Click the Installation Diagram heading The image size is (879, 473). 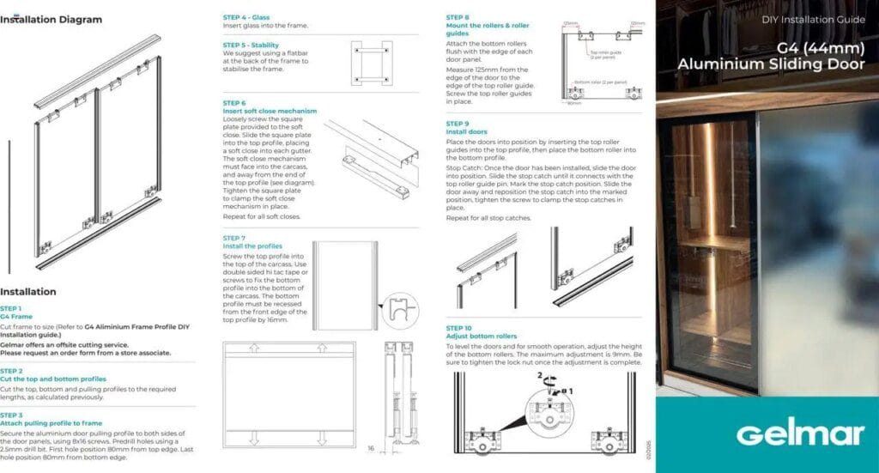(51, 20)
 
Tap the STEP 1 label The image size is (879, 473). (11, 308)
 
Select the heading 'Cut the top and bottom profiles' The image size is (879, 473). (53, 379)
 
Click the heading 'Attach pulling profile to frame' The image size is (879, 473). (52, 423)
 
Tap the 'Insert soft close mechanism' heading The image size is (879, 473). (270, 111)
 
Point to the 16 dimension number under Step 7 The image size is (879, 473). (371, 448)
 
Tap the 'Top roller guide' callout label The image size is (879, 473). (605, 54)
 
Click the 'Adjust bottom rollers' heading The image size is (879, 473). (482, 337)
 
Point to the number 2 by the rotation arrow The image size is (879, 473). (539, 376)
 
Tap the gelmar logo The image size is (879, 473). (766, 433)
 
